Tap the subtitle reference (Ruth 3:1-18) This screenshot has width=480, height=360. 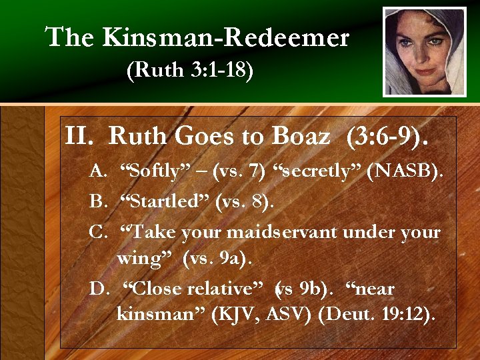tap(189, 71)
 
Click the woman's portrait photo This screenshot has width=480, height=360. tap(425, 52)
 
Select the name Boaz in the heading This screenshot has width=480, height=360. tap(301, 137)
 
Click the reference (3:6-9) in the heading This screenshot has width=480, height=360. tap(387, 137)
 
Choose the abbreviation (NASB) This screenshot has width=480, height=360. tap(403, 172)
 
